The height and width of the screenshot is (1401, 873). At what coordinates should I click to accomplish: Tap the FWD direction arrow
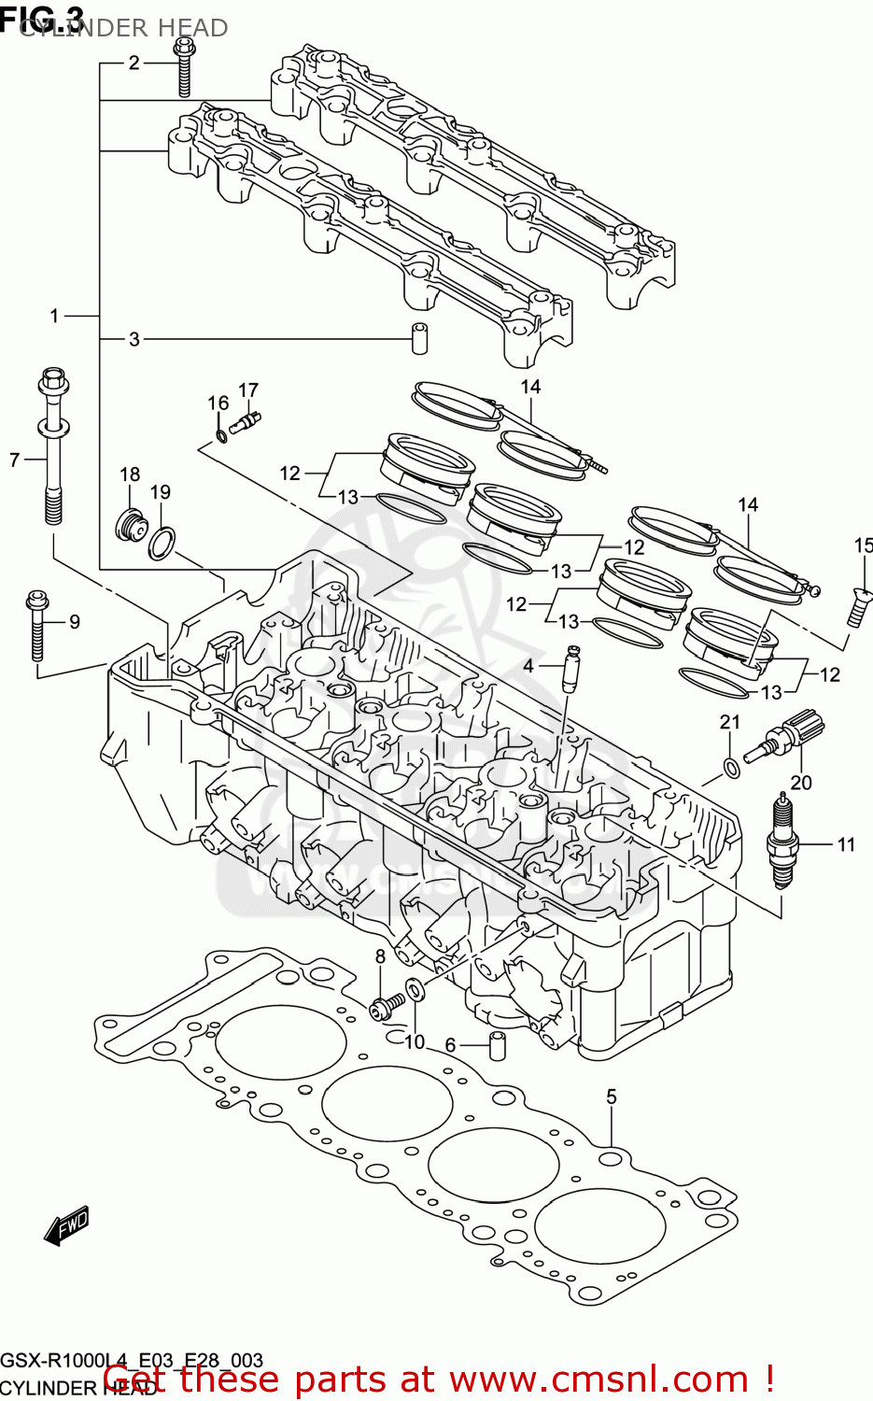tap(67, 1226)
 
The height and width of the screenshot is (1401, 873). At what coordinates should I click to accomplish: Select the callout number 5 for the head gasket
tap(612, 1097)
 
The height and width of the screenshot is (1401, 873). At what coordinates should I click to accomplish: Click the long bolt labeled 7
tap(52, 448)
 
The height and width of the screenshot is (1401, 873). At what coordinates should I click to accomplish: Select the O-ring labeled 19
tap(162, 543)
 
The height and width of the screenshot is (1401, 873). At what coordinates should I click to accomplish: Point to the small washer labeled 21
tap(732, 768)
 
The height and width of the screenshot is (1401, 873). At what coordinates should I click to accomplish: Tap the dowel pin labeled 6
tap(499, 1046)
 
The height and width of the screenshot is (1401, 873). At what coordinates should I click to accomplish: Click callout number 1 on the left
tap(54, 317)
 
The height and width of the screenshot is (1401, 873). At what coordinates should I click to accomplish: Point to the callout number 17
tap(247, 390)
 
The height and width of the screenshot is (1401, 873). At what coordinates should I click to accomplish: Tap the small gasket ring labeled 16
tap(220, 435)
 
